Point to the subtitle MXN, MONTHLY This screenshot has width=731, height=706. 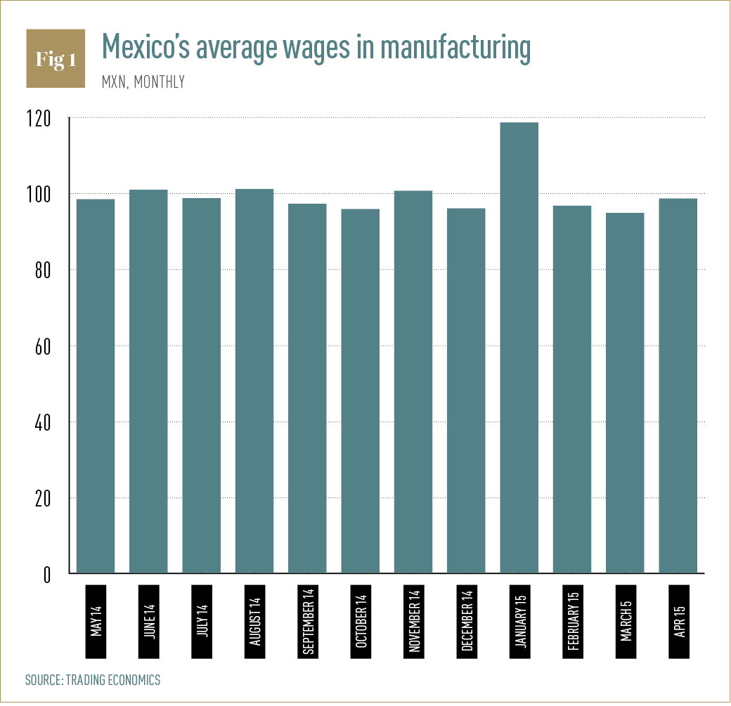[143, 82]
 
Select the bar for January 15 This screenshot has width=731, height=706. [519, 348]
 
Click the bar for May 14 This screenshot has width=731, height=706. [96, 386]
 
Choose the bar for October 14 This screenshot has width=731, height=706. [361, 391]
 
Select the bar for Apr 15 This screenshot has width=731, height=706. [678, 386]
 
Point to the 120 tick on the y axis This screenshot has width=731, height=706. [39, 119]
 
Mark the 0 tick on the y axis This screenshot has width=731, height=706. [47, 574]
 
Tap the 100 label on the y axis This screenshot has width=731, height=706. [39, 195]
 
